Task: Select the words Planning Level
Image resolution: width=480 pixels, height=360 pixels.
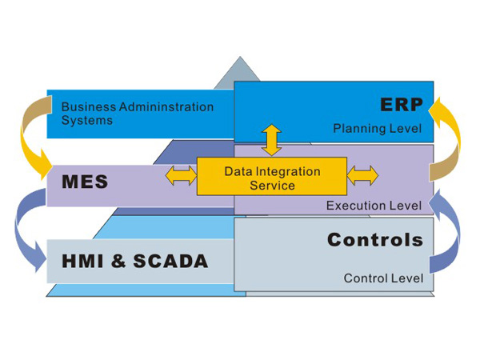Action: (x=377, y=127)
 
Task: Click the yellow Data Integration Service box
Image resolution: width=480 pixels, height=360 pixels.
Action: (x=272, y=178)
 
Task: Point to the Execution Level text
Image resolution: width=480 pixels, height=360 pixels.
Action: (x=374, y=206)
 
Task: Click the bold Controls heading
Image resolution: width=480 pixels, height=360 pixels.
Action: (x=375, y=239)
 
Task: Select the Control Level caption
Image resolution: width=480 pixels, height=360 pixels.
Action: (x=383, y=278)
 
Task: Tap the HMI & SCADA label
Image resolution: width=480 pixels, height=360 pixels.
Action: (x=135, y=261)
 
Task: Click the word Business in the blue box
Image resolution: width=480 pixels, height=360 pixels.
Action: (x=87, y=106)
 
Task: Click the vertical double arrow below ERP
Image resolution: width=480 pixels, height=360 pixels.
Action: (x=272, y=139)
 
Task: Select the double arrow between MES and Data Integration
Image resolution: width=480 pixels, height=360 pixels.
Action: (x=180, y=175)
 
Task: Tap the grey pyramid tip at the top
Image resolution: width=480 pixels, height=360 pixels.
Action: (x=239, y=72)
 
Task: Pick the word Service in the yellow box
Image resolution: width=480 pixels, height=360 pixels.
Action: (x=272, y=186)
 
